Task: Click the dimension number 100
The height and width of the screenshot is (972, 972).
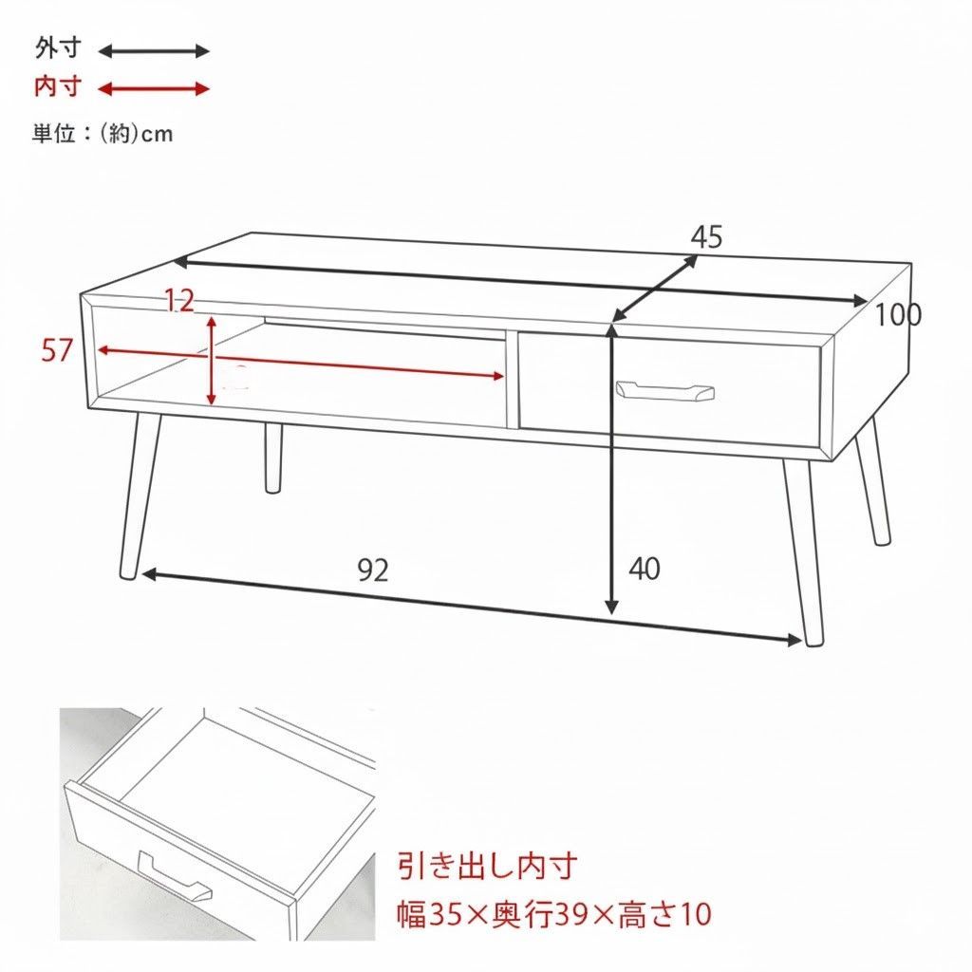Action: point(897,315)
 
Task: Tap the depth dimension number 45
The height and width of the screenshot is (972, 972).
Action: point(706,237)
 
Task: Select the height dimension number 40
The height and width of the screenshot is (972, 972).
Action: point(645,569)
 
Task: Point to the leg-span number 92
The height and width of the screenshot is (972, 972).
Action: point(373,570)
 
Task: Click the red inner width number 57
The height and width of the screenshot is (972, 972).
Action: point(57,350)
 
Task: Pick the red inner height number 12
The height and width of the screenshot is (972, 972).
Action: point(178,302)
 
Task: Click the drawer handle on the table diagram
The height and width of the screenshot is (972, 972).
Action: point(664,390)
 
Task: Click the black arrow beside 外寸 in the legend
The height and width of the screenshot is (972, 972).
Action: point(154,51)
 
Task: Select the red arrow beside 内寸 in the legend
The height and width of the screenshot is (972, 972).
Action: point(154,89)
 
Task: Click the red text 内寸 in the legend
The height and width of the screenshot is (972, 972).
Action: point(58,88)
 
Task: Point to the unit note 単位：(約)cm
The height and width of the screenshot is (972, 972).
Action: point(103,134)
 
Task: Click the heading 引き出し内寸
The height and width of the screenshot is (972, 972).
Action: point(487,867)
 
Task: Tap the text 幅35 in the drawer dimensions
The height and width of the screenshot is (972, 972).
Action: point(427,915)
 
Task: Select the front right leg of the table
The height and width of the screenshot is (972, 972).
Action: point(801,551)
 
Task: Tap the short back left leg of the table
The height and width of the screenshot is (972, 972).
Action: point(273,458)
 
